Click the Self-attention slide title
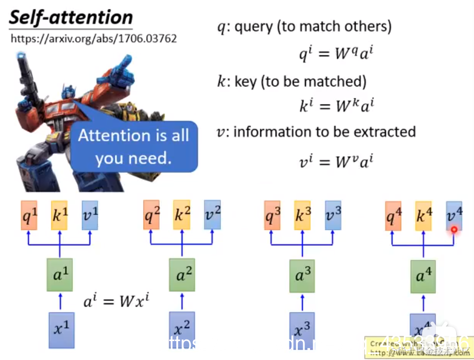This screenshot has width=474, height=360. click(x=71, y=17)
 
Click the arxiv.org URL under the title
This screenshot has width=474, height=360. click(x=93, y=38)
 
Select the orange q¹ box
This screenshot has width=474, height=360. click(x=30, y=215)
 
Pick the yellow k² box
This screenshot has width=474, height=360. click(x=182, y=215)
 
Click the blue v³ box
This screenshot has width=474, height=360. click(x=333, y=215)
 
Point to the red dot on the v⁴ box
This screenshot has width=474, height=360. click(x=454, y=230)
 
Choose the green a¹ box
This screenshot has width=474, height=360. click(x=60, y=276)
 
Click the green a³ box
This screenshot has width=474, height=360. click(x=302, y=276)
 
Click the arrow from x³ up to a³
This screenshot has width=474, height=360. click(x=302, y=302)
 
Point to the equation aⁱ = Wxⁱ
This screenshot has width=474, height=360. click(x=117, y=300)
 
